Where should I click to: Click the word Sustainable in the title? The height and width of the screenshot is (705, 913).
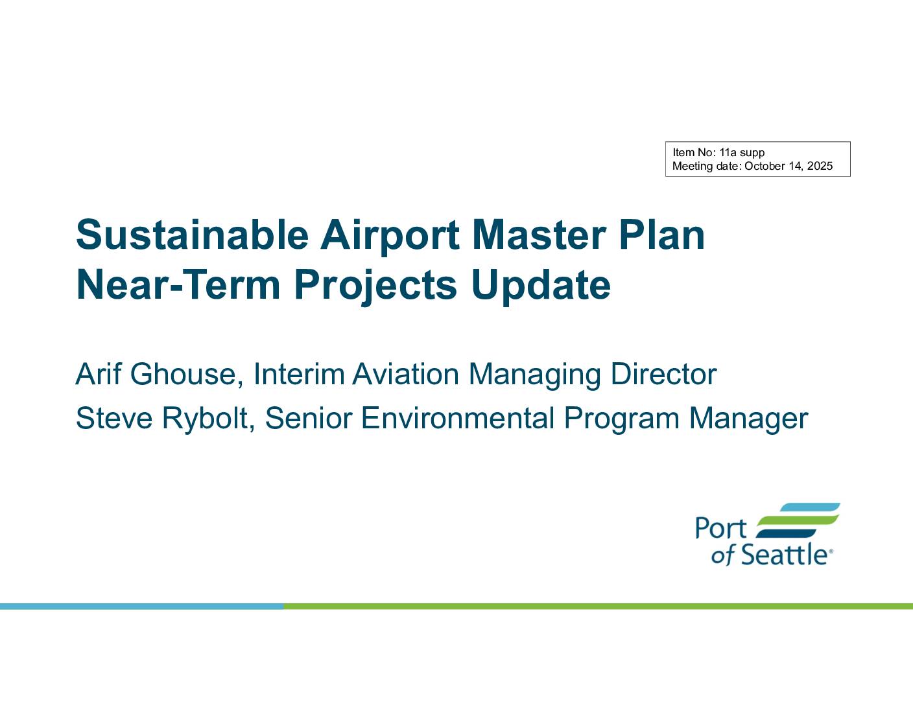[x=193, y=235]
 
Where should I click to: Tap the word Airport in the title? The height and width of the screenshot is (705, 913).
[x=390, y=237]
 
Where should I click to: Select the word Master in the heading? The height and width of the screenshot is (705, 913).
[x=539, y=235]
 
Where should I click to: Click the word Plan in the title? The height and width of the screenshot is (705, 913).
[x=662, y=235]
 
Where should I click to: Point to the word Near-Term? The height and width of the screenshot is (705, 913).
[x=178, y=284]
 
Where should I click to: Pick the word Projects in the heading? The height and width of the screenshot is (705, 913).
[x=375, y=287]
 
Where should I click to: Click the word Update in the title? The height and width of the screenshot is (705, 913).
[x=541, y=287]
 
